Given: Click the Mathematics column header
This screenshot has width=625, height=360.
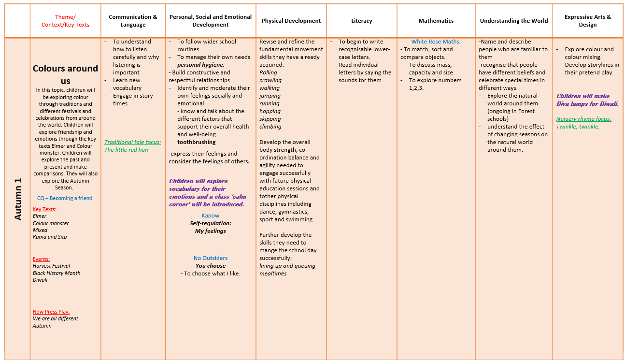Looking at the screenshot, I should click(436, 21).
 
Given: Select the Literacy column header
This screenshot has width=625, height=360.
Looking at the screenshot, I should click(361, 21).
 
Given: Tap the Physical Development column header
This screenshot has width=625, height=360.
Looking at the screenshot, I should click(291, 21).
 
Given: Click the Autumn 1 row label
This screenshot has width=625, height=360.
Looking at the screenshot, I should click(18, 199).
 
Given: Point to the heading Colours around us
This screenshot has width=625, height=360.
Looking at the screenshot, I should click(65, 74).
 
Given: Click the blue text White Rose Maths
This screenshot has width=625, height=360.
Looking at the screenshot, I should click(436, 42).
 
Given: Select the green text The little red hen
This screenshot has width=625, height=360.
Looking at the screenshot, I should click(126, 150).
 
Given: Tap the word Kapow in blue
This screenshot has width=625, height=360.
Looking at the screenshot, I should click(210, 216).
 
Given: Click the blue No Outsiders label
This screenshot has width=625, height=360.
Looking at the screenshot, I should click(210, 258).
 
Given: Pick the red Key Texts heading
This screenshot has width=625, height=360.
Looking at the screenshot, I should click(44, 209).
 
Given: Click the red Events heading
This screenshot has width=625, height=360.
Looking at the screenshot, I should click(41, 259).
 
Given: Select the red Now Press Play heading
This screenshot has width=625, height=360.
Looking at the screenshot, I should click(51, 312).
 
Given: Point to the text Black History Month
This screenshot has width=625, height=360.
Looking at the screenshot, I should click(57, 273).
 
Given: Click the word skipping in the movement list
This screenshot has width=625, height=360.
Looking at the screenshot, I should click(270, 119).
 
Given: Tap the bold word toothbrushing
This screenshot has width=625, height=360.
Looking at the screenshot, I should click(196, 142).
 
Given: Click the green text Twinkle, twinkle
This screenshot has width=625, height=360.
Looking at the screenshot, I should click(578, 127).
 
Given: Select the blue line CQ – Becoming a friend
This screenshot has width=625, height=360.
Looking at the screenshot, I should click(65, 198).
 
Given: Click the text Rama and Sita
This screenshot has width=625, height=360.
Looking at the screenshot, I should click(50, 237).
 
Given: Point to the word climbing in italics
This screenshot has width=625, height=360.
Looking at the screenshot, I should click(270, 127).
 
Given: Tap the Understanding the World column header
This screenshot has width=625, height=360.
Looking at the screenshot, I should click(513, 21).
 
